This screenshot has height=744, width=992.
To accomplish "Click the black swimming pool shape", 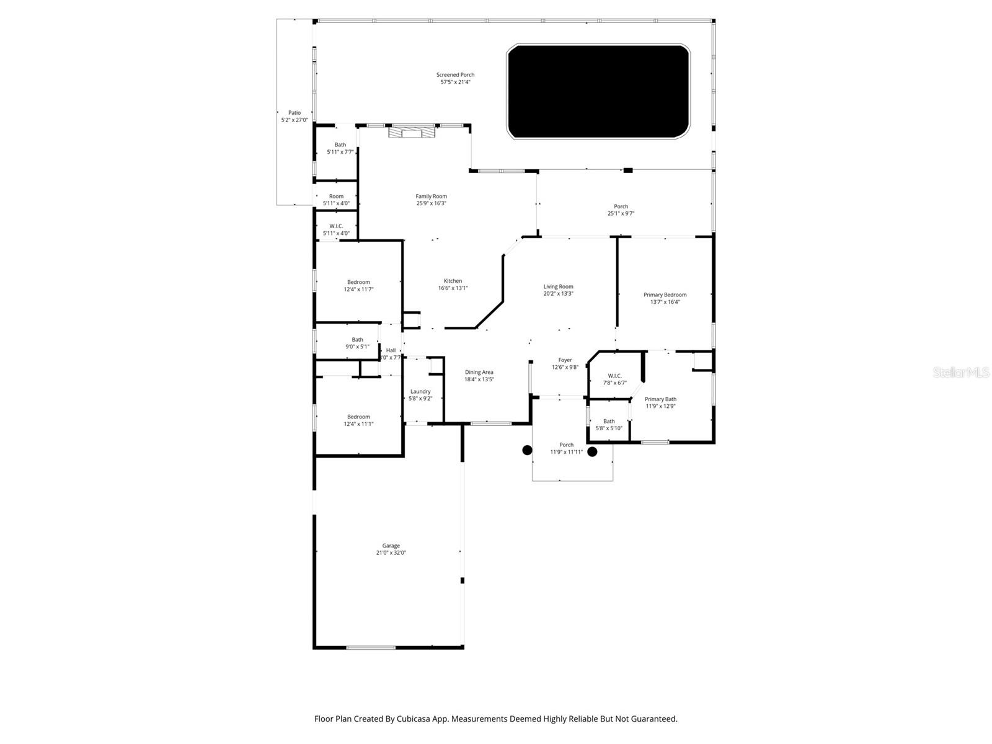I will [598, 91].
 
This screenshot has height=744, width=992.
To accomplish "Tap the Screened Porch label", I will [455, 75].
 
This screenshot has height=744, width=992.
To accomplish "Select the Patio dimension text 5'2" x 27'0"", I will [294, 120].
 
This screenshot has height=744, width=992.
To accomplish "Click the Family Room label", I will [431, 197].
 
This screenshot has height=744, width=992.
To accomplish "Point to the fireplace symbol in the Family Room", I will [412, 131].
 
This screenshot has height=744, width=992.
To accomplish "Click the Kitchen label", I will [453, 281].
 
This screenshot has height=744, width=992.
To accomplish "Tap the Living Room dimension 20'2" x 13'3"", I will [558, 294].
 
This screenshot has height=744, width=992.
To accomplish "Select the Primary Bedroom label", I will [665, 295].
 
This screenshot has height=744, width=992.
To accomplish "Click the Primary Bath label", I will [660, 399].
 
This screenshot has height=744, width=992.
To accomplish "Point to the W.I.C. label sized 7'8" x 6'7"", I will [614, 376].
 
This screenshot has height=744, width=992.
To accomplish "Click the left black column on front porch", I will [527, 450].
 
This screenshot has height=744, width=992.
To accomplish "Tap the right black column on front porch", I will [592, 452].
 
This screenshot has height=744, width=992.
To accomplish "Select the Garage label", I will [391, 546].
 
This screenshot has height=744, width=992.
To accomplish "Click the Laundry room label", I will [420, 391].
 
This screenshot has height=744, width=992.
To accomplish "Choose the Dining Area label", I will [479, 372].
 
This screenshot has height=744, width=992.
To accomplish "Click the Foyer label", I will [565, 360].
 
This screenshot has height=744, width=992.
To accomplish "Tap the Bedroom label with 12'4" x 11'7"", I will [358, 282].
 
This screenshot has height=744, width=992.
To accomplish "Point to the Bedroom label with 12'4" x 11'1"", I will [358, 417].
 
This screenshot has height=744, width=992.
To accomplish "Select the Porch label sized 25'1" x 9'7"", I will [621, 206].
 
